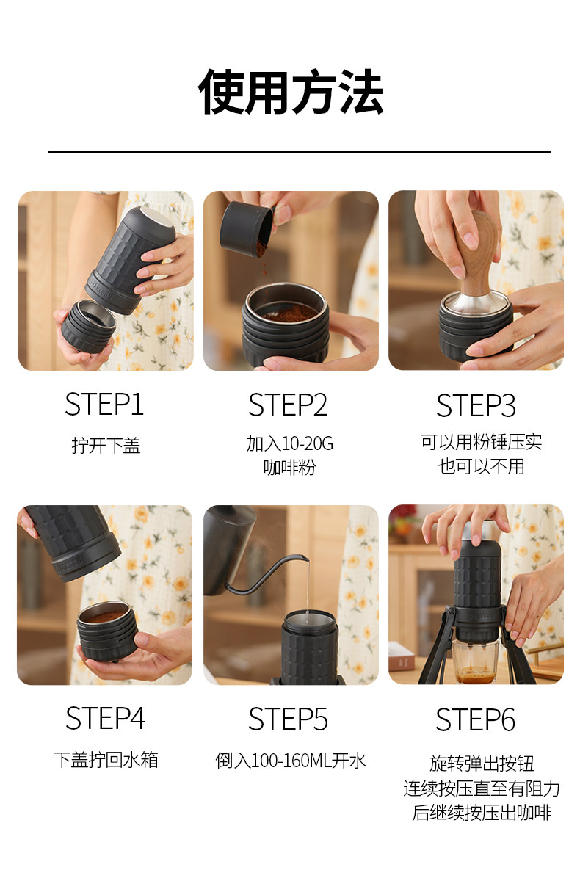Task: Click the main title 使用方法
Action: pos(290,92)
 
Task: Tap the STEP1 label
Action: pos(104,405)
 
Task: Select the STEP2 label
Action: pos(288,405)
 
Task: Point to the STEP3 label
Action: pos(476,405)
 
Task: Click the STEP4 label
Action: pos(105,719)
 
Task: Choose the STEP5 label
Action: pos(288,719)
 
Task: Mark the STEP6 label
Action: pos(476,719)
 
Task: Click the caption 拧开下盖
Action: pos(106,446)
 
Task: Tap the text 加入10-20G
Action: pos(290,443)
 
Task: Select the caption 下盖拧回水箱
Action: pos(106,759)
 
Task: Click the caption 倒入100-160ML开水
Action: pos(291,761)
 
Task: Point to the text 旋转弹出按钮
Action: pos(482,764)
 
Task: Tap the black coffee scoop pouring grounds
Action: pos(247,228)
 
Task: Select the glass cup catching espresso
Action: pos(476,661)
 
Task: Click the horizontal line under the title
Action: pos(300,152)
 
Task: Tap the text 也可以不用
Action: pos(482,467)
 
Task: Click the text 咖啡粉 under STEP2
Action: pos(290,468)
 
